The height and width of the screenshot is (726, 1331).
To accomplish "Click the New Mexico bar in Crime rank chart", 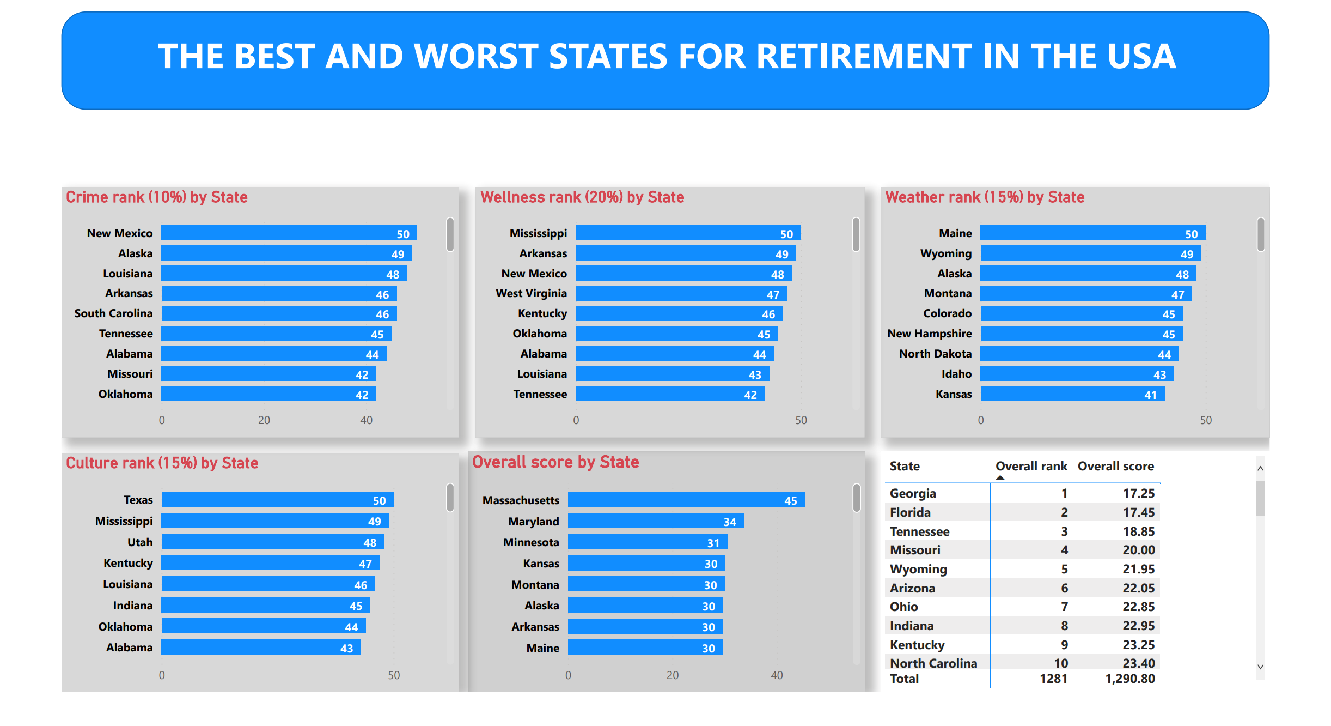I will (289, 233).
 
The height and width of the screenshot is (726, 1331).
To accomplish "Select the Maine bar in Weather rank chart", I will (1092, 233).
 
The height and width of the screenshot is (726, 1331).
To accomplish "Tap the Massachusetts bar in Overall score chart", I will (686, 500).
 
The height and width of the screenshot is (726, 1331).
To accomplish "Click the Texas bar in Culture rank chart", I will (277, 500).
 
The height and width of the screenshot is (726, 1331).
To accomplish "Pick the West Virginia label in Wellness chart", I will (531, 294).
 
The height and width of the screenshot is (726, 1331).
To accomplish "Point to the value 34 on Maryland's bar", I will (730, 522).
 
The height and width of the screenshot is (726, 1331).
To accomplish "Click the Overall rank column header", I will (1031, 467).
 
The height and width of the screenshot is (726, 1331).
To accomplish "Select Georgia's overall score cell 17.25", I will (1138, 493).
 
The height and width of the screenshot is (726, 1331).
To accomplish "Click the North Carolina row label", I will (933, 663).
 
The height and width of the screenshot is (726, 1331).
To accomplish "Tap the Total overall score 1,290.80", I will (1130, 679).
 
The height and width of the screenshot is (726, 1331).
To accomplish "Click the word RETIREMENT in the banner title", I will (869, 57).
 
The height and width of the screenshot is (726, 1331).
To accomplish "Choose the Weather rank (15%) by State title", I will (985, 197).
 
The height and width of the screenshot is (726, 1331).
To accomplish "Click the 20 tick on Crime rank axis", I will (264, 420).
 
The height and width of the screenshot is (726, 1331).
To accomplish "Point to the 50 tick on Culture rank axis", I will (394, 675).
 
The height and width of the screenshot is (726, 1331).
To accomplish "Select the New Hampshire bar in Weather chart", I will (1081, 334).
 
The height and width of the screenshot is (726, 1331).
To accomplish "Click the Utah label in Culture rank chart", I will (140, 542).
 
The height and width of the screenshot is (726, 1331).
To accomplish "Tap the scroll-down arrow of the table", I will (1260, 667).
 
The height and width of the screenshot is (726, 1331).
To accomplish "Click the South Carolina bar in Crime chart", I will (279, 314).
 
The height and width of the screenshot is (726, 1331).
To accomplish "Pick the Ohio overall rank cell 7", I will (1064, 607).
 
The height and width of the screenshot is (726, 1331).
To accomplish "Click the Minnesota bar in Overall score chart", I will (648, 542).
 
